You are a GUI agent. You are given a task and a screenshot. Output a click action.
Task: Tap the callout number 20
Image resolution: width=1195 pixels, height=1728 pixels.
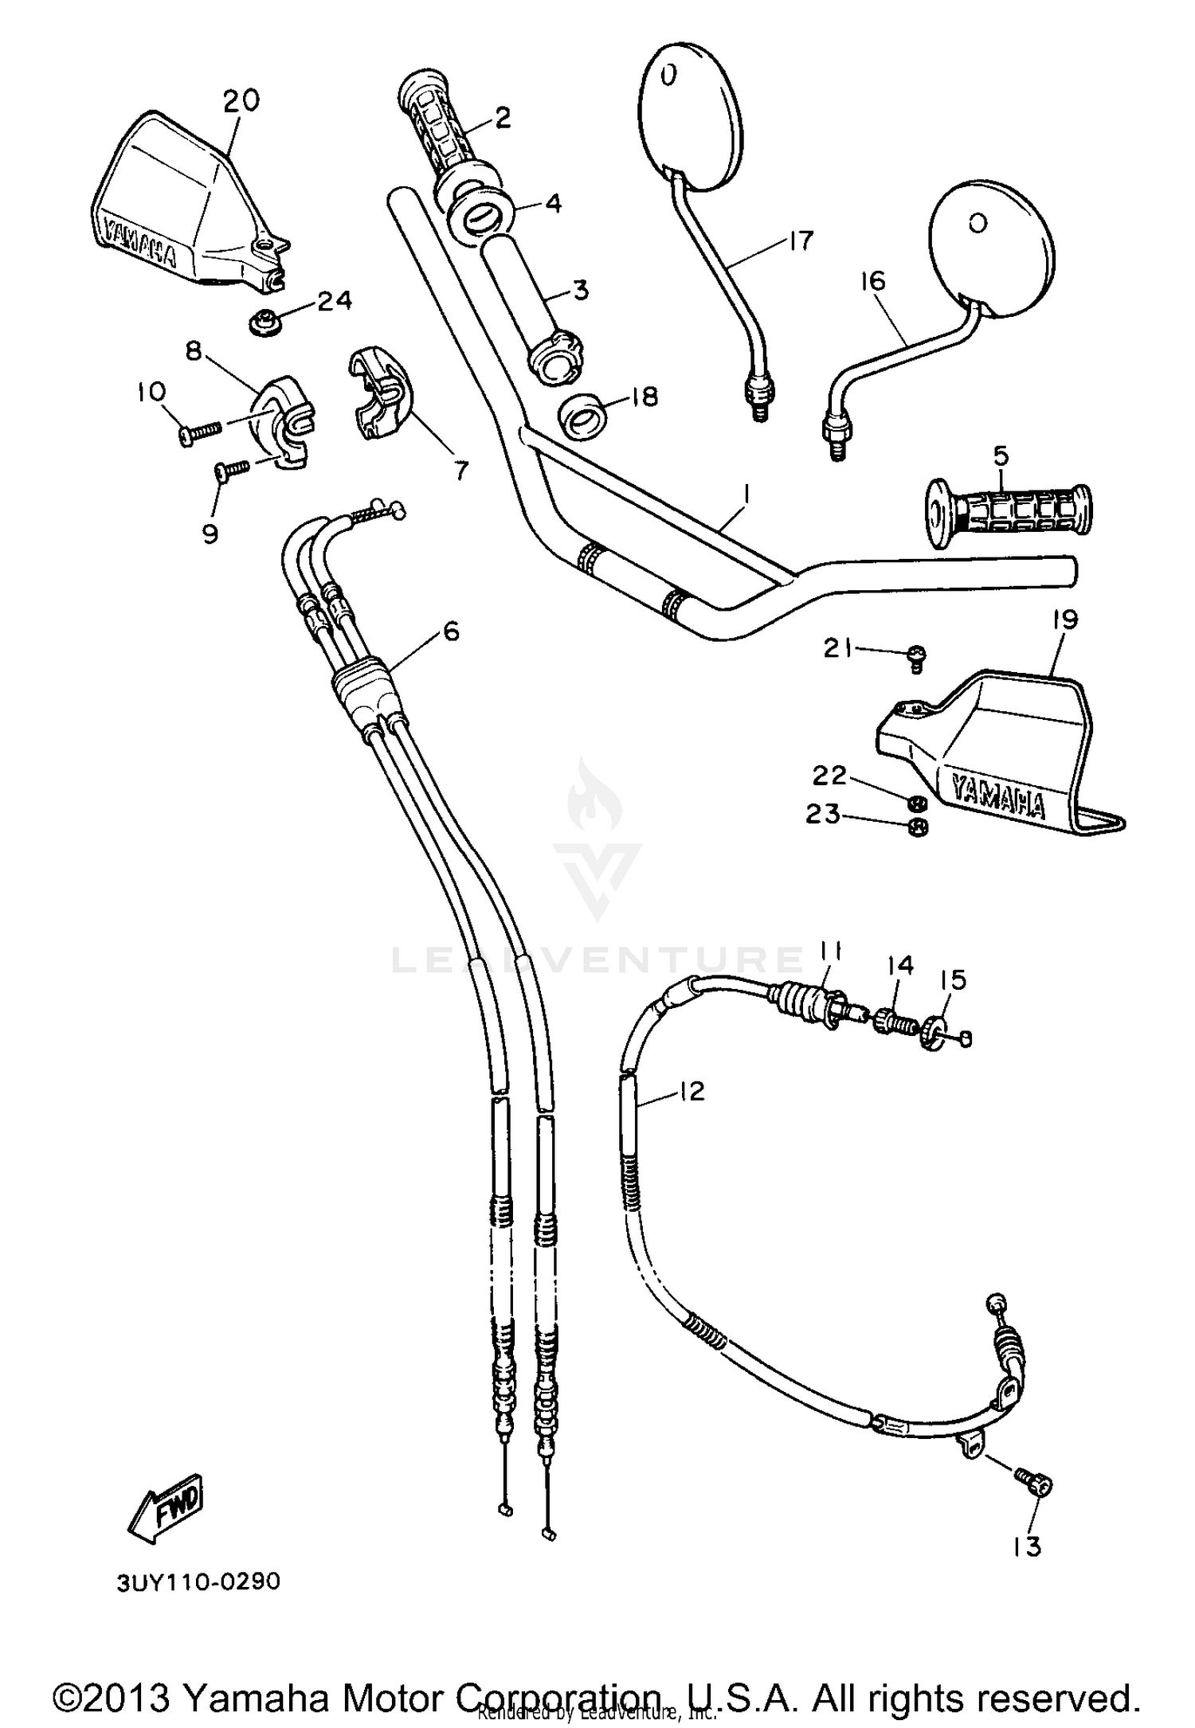click(x=241, y=101)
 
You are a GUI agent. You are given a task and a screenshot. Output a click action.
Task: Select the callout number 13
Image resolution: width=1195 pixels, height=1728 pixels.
click(x=1027, y=1546)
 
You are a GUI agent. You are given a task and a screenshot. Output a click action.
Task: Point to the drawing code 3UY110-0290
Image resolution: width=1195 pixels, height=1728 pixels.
click(x=198, y=1581)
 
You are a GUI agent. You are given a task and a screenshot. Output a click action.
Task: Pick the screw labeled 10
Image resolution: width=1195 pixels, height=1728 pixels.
click(x=199, y=431)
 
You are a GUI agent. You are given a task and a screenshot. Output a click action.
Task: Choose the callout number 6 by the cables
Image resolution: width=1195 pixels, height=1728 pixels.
click(x=451, y=631)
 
